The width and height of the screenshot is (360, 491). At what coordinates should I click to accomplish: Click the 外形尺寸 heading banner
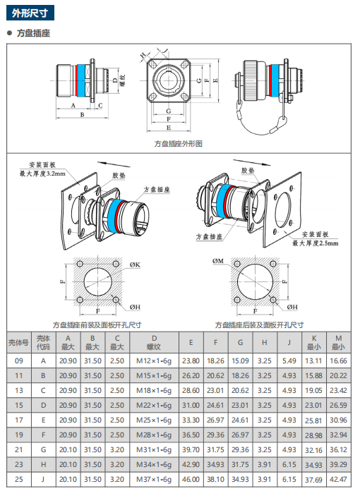(x=30, y=13)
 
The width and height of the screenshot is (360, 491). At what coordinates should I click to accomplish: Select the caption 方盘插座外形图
(x=179, y=144)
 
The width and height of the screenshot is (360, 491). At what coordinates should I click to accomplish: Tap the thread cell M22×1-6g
(x=154, y=405)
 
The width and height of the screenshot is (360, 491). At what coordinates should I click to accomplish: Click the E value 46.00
(x=191, y=480)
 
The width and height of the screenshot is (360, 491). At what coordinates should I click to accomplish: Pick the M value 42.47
(x=338, y=480)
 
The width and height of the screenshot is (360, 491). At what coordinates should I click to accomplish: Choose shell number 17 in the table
(x=19, y=420)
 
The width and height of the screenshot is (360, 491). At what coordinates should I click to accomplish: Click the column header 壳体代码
(x=43, y=343)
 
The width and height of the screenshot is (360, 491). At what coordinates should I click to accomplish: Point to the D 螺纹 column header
(x=154, y=343)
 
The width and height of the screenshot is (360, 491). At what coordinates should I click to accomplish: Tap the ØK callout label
(x=135, y=265)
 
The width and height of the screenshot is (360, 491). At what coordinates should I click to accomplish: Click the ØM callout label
(x=218, y=261)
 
